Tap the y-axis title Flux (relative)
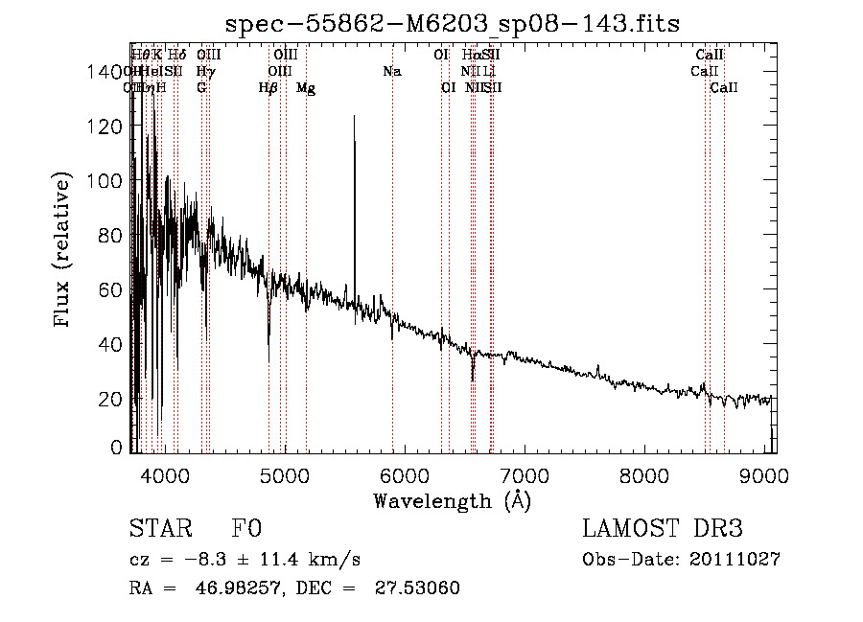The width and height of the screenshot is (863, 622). tap(63, 250)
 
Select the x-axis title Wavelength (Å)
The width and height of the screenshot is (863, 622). tap(452, 500)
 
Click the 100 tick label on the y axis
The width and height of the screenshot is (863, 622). tap(108, 180)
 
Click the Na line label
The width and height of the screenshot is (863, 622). tap(391, 71)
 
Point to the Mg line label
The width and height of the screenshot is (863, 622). tap(306, 88)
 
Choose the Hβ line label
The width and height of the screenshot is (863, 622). tap(268, 88)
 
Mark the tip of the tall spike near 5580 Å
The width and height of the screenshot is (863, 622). tap(355, 116)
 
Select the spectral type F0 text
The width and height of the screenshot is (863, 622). tap(246, 529)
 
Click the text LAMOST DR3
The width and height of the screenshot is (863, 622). tap(663, 529)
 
